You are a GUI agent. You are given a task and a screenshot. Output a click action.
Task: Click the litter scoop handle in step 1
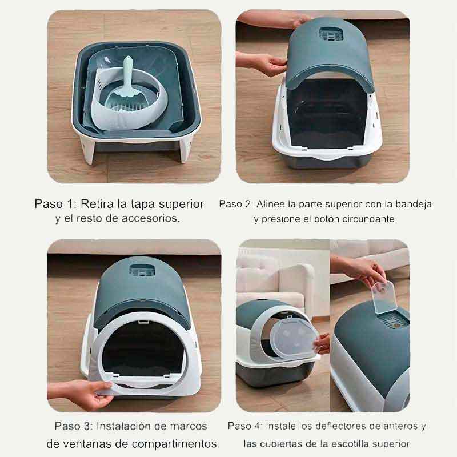[127, 73]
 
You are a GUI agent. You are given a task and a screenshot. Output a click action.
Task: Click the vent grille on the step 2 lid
[331, 34]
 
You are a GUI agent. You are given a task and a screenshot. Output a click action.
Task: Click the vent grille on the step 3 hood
[142, 270]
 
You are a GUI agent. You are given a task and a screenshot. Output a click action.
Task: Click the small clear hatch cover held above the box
[383, 298]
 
